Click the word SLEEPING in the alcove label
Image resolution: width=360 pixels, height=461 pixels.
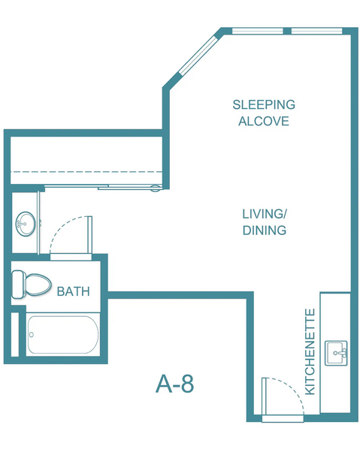(264, 104)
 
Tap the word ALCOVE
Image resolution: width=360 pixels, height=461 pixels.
(264, 121)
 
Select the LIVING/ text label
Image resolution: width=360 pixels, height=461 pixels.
(264, 214)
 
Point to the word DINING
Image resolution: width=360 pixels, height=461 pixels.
(265, 230)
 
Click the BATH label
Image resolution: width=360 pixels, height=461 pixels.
(74, 291)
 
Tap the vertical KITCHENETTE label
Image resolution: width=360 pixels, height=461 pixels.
(310, 351)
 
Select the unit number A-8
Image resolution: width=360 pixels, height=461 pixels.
(175, 384)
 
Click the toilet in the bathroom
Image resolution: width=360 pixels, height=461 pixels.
(32, 285)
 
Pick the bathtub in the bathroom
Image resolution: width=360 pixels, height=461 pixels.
(63, 335)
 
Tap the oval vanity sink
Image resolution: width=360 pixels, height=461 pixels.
(26, 224)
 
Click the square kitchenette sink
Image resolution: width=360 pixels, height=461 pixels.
(336, 353)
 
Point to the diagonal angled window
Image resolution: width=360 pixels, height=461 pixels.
(198, 56)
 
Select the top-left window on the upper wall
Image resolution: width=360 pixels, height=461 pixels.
(258, 31)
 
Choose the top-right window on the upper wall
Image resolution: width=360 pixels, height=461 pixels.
(316, 31)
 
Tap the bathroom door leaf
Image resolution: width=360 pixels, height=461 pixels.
(90, 234)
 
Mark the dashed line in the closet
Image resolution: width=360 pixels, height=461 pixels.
(86, 171)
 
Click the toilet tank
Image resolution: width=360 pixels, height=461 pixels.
(17, 285)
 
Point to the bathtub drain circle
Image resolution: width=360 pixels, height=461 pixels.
(32, 335)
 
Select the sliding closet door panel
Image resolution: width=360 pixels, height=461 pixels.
(130, 187)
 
